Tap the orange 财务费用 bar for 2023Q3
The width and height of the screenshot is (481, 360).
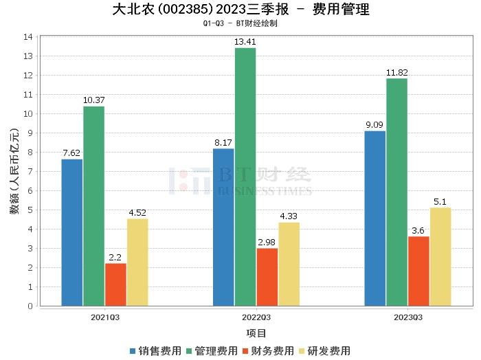pos(418,271)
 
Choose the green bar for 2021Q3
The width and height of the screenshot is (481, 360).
pos(93,205)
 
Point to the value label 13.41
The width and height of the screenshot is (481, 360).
pos(245,42)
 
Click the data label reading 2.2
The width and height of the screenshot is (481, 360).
pos(115,258)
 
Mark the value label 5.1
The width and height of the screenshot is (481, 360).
pos(440,202)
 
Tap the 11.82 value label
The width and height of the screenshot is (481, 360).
pos(396,73)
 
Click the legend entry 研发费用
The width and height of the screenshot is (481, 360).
pos(324,350)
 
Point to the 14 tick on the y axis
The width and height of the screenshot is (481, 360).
pos(28,36)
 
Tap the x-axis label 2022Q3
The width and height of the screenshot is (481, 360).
pos(256,317)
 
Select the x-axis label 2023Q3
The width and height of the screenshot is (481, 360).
pos(407,317)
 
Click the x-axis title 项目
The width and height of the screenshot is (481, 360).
pos(256,333)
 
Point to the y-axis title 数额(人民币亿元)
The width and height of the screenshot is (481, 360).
pos(14,171)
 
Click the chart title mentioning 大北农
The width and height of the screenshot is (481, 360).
pos(240,10)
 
